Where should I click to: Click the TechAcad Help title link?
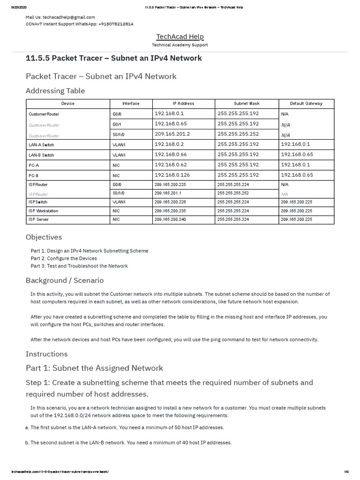[180, 37]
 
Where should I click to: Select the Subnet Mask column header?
[247, 103]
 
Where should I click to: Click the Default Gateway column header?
[306, 103]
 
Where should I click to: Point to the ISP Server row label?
[38, 219]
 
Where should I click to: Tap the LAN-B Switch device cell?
[41, 155]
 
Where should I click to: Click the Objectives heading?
[44, 237]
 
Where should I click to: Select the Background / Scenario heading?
[65, 280]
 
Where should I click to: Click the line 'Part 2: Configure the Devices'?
[64, 258]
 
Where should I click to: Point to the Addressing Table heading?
[55, 90]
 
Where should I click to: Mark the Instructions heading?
[46, 354]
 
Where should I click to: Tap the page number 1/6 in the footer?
[346, 472]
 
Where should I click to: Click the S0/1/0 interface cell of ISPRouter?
[118, 193]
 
